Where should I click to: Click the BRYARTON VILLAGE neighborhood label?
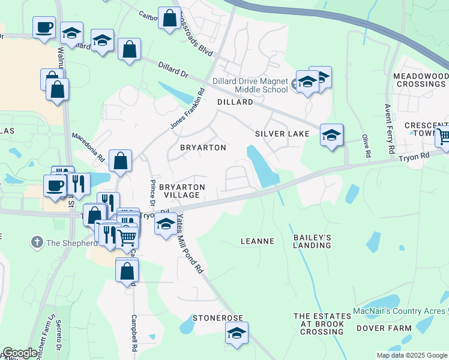[x=182, y=191]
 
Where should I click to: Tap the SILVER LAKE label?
[x=282, y=133]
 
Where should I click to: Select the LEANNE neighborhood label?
[x=257, y=241]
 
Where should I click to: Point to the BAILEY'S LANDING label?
[x=312, y=241]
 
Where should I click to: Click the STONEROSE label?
[x=217, y=317]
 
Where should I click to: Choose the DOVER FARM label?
[x=384, y=328]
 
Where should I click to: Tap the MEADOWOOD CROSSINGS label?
[x=421, y=80]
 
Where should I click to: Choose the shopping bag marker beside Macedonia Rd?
[x=120, y=161]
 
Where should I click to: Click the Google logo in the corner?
[x=20, y=353]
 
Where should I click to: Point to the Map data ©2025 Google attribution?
[x=412, y=355]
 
